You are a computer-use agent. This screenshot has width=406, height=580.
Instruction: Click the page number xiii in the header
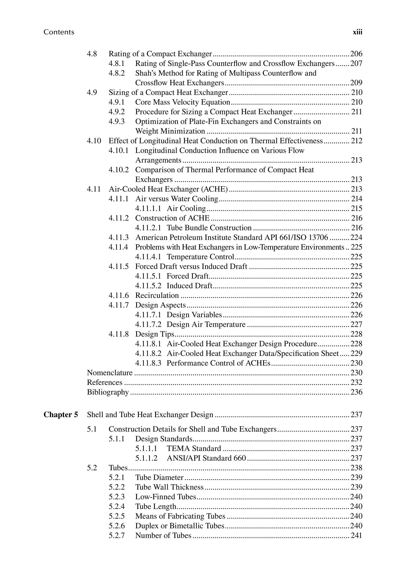coord(357,32)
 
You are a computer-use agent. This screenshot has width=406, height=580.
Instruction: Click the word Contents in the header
coord(59,32)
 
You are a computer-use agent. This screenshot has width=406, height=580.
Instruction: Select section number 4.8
coord(92,54)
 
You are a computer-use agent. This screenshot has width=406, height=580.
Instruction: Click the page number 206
coord(356,54)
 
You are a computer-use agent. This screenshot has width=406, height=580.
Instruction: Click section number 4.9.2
coord(117,112)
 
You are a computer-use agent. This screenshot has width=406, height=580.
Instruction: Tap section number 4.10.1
coord(119,151)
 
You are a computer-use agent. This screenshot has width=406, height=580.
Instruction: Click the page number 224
coord(356,237)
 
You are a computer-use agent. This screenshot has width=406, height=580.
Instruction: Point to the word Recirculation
coord(157,296)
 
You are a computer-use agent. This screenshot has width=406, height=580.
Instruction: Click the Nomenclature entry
coord(110,373)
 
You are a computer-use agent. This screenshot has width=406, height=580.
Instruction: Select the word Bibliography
coord(108,392)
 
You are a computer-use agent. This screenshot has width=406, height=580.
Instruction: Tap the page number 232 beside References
coord(356,382)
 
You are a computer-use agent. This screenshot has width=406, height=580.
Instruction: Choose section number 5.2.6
coord(117,526)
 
